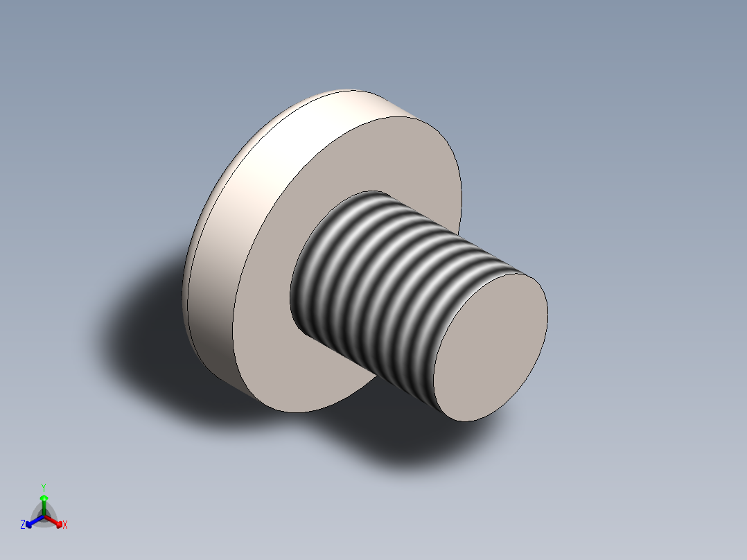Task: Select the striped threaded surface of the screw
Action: (388, 277)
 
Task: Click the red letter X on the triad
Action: (65, 525)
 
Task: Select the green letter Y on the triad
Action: (43, 487)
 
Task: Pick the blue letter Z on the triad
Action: (23, 525)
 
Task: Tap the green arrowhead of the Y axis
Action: (43, 498)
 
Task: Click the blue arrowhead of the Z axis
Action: (29, 524)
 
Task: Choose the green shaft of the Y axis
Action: (43, 507)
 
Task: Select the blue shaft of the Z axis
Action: (36, 520)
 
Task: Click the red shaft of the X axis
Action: (51, 520)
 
